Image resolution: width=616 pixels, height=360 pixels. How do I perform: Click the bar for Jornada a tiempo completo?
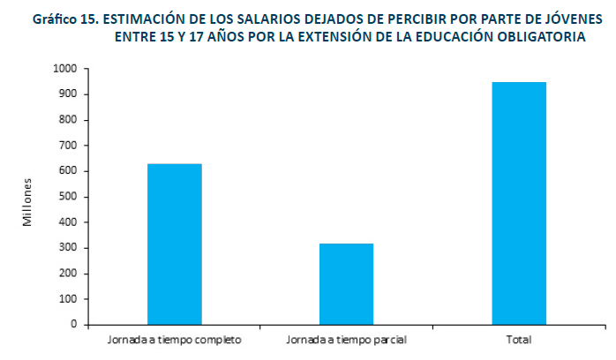(174, 244)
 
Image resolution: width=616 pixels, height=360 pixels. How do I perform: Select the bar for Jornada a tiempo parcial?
(347, 284)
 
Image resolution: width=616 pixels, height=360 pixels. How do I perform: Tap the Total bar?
(519, 203)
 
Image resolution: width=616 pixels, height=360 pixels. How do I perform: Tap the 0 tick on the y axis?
(73, 325)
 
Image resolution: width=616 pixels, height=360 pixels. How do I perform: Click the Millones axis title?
(28, 202)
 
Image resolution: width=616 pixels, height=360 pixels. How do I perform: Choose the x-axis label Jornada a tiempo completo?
(174, 339)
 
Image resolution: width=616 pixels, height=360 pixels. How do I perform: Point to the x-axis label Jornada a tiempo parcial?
(347, 339)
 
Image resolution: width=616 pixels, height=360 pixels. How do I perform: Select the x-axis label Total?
(520, 339)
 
